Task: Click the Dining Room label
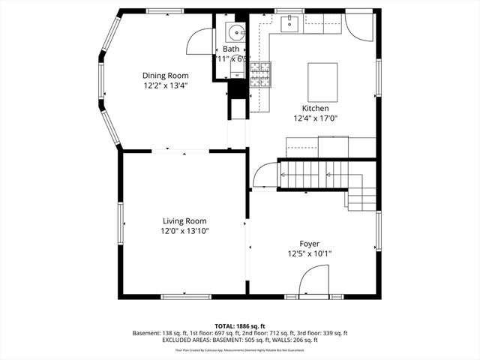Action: tap(166, 75)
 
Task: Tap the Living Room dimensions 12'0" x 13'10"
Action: tap(184, 232)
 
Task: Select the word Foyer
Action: tap(310, 243)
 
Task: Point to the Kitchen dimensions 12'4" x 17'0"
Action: tap(316, 118)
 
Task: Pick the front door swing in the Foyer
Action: tap(312, 283)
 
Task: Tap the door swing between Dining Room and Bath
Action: tap(199, 41)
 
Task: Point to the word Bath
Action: tap(231, 49)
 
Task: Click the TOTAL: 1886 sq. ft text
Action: tap(240, 326)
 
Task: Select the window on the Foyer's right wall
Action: tap(378, 232)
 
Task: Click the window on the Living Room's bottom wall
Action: tap(184, 296)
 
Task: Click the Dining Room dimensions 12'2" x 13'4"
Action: tap(166, 86)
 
